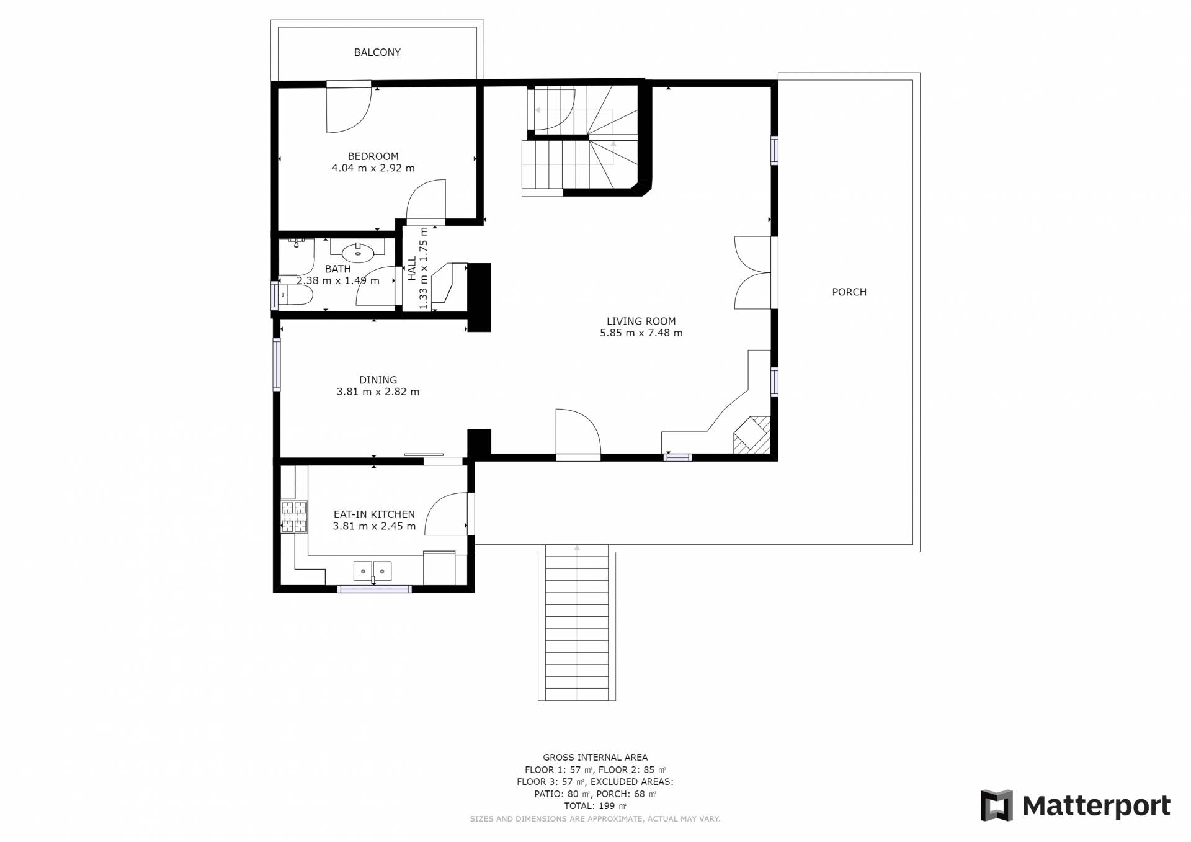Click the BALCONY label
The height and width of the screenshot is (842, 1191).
tap(377, 53)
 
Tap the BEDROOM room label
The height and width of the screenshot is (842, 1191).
tap(373, 156)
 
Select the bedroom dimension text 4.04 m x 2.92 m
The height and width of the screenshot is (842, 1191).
tap(373, 168)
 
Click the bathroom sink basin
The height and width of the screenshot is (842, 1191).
tap(358, 253)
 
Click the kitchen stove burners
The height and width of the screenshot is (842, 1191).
tap(294, 517)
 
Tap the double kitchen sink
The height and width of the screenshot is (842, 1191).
tap(373, 570)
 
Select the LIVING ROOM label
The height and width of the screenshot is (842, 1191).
tap(641, 321)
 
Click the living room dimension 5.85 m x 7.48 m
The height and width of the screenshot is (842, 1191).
tap(641, 333)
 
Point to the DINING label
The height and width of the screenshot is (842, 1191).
tap(378, 380)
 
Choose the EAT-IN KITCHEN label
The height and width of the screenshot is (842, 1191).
tap(374, 515)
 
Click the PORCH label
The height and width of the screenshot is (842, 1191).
tap(849, 292)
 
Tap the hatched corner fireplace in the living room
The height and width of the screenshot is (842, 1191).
tap(752, 433)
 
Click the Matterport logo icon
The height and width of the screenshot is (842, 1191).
tap(996, 805)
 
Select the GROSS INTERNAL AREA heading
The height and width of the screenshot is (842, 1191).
tap(595, 758)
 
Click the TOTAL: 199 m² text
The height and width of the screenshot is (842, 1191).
tap(595, 807)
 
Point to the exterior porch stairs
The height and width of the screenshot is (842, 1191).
tap(577, 622)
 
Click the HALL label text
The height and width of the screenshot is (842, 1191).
tap(412, 269)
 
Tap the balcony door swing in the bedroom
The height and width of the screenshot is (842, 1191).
tap(349, 110)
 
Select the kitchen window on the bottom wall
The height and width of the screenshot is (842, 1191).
tap(374, 589)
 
